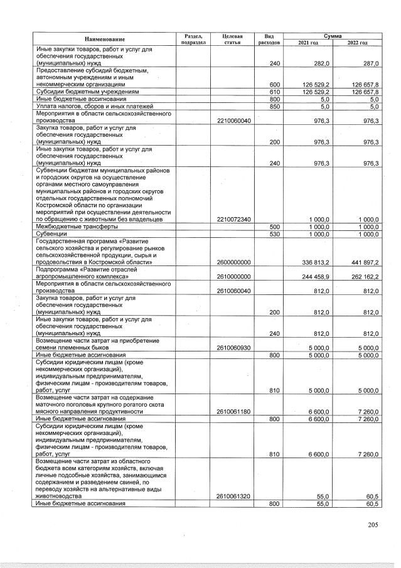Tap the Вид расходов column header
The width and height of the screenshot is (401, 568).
coord(269,39)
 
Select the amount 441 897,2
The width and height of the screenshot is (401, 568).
coord(362,262)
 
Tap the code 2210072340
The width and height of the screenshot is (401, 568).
coord(233,220)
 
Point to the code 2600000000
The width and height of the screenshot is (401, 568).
coord(233,262)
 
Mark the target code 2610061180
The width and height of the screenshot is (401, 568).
coord(233,412)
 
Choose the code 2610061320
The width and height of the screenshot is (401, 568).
coord(233,496)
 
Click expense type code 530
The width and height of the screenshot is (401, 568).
coord(274,234)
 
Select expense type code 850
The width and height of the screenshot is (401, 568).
coord(274,105)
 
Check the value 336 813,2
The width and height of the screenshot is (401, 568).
coord(313,262)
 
